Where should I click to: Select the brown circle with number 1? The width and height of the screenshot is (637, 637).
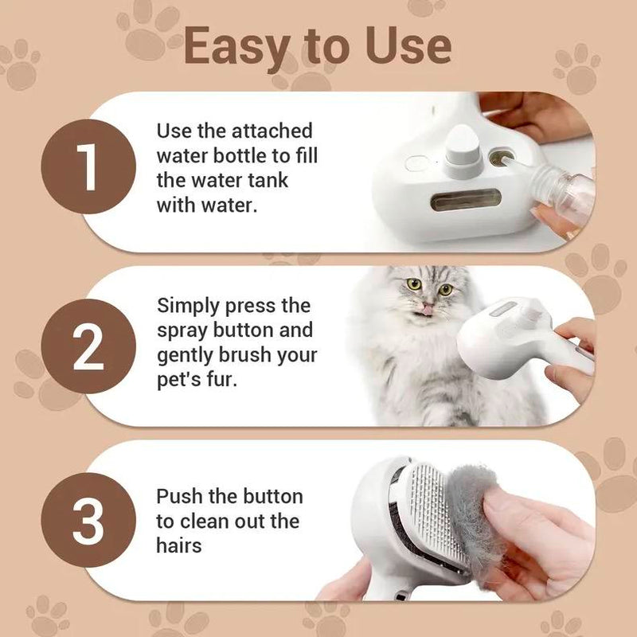pos(88,166)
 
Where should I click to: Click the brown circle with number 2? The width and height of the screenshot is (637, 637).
pos(88,346)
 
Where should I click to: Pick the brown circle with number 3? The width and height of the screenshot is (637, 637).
pos(88,521)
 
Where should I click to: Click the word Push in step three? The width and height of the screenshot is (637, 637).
pos(179,496)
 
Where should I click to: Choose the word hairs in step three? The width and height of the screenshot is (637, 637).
pos(178,545)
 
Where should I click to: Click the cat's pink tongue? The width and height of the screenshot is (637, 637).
pos(427,311)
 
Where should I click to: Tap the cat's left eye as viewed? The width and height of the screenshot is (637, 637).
pos(414,284)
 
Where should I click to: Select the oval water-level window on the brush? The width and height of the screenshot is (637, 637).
pos(466,201)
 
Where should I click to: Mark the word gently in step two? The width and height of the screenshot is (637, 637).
pos(186,356)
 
